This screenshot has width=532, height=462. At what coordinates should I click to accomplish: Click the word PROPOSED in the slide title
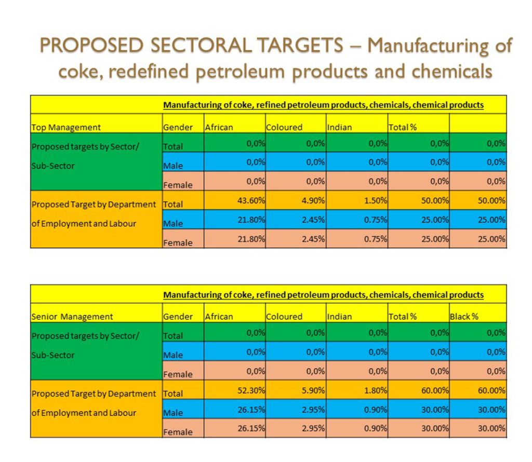(x=85, y=46)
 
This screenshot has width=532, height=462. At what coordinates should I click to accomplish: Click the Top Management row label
(x=66, y=127)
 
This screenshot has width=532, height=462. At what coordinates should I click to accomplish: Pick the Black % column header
(x=464, y=317)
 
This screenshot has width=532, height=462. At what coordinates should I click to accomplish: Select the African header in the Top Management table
(x=219, y=127)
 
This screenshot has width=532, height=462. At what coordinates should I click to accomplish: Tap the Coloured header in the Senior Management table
(x=284, y=317)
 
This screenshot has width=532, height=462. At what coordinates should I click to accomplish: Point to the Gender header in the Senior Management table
(x=178, y=317)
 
